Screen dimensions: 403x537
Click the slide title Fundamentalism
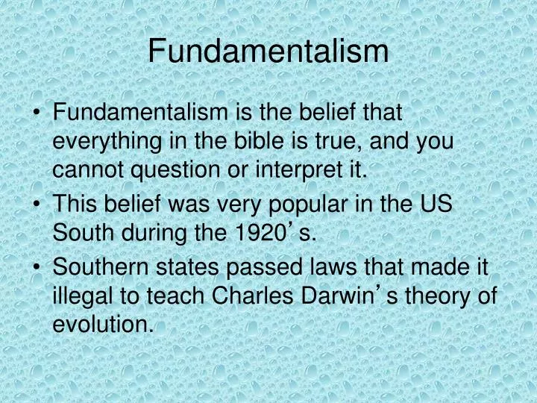tap(268, 51)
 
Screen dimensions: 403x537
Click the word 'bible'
tap(238, 142)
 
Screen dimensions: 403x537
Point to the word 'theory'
tap(438, 296)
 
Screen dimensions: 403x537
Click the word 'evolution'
tap(101, 326)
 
